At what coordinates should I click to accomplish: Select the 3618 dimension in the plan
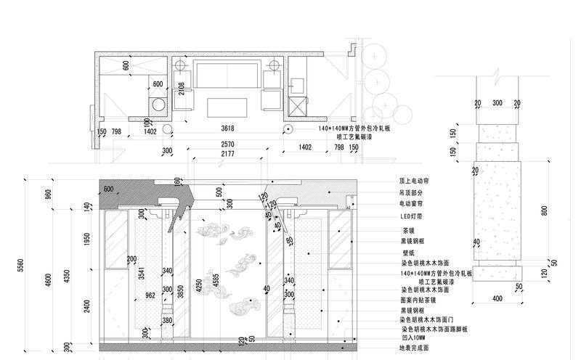coord(227,128)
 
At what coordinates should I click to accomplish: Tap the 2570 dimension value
coord(227,145)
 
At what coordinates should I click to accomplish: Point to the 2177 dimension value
coord(227,154)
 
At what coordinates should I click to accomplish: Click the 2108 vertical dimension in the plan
coord(181,89)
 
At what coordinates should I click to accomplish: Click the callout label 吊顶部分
coord(411,193)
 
